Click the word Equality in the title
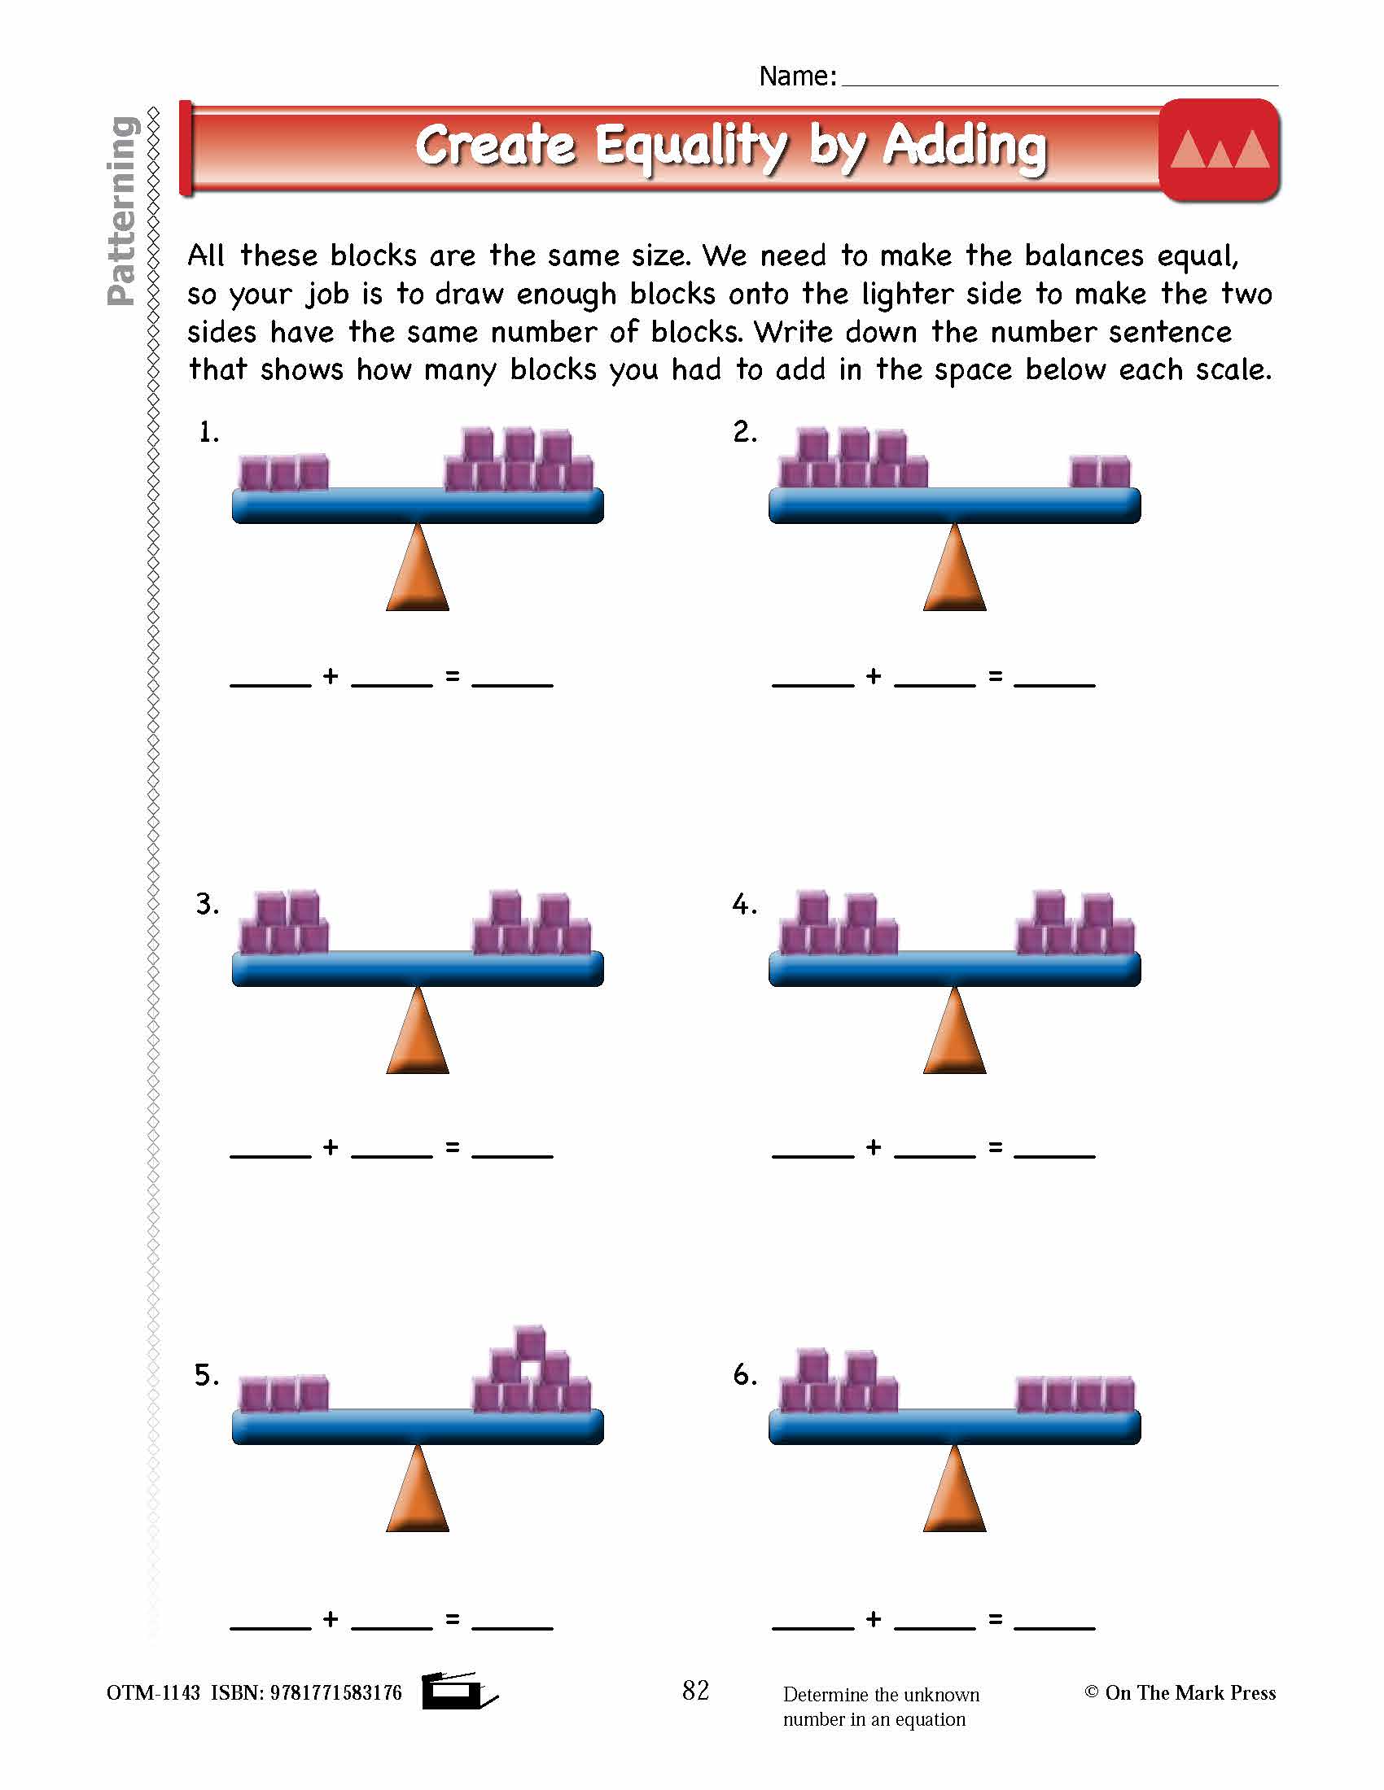click(x=690, y=147)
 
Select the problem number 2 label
click(x=744, y=432)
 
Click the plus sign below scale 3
click(x=331, y=1146)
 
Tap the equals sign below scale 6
click(x=996, y=1618)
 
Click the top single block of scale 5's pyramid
click(x=531, y=1342)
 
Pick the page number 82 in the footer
click(x=695, y=1690)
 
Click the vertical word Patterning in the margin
click(x=122, y=212)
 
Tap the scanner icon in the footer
click(x=456, y=1690)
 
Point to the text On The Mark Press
click(x=1189, y=1692)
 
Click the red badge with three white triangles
click(x=1220, y=150)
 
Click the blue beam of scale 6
click(x=954, y=1427)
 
